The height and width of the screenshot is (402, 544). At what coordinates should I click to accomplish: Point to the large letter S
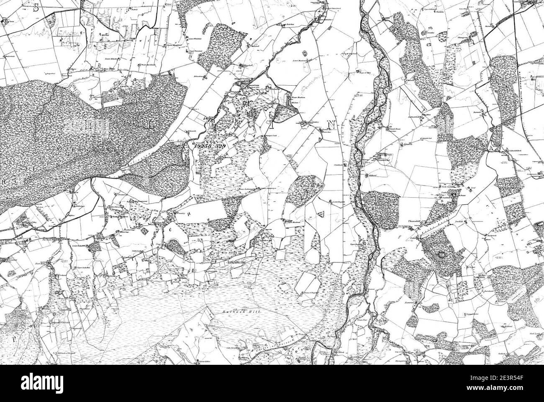click(x=36, y=7)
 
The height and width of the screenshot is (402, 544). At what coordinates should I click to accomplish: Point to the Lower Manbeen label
click(x=298, y=61)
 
